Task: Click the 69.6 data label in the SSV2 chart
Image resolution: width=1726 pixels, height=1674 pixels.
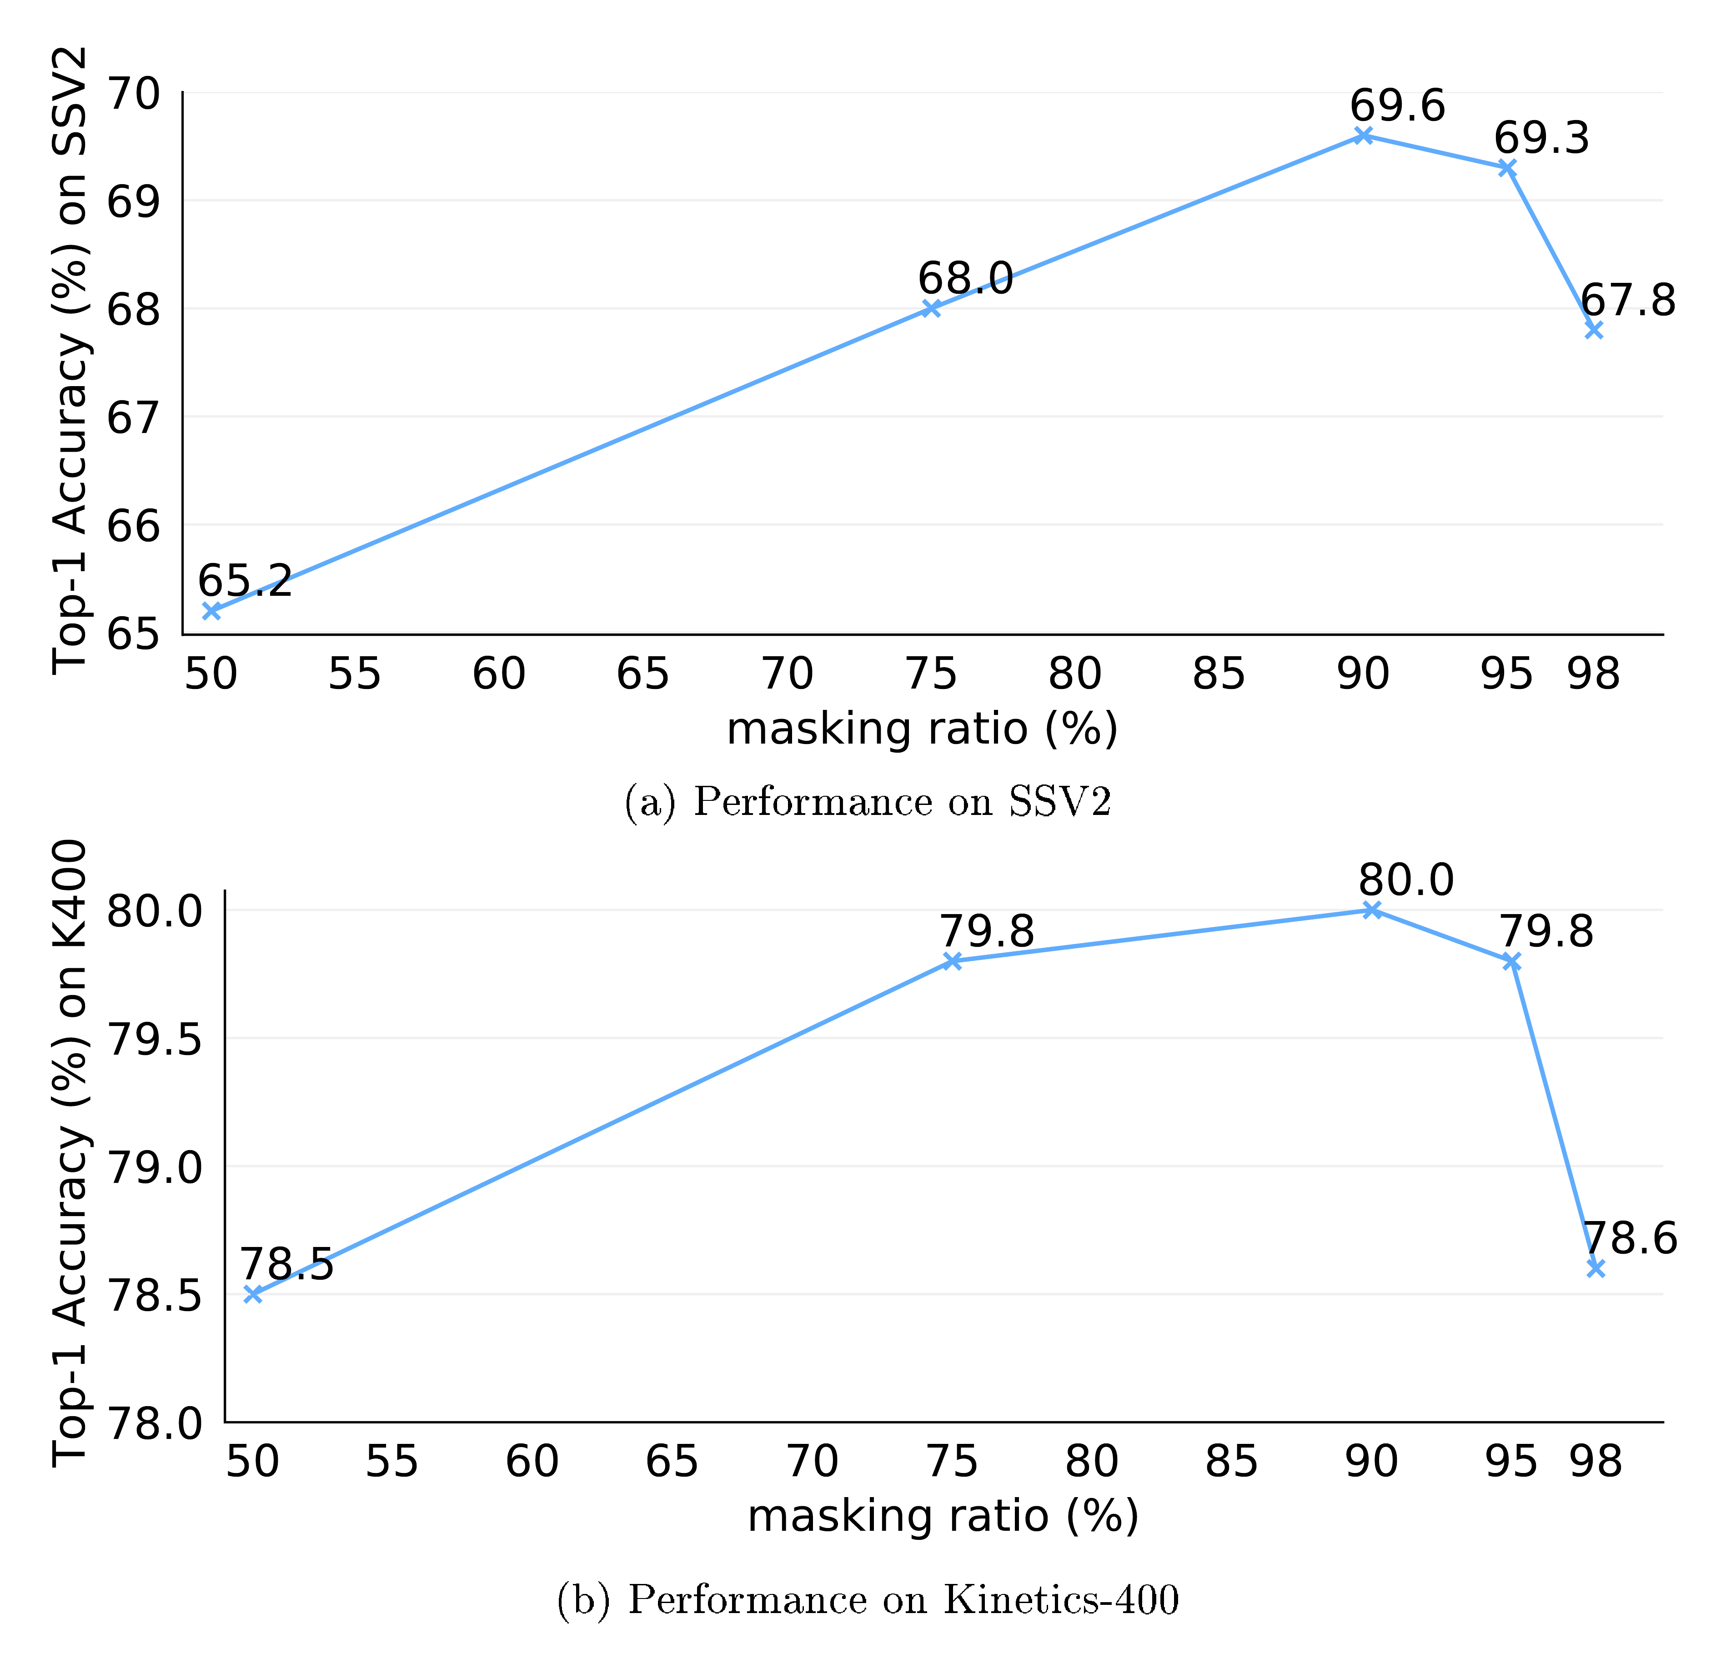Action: point(1398,106)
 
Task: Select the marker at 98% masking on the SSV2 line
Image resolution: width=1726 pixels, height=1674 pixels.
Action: point(1593,329)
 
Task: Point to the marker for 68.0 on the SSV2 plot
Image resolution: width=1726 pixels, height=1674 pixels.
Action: point(931,308)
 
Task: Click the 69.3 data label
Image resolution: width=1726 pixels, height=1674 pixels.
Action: point(1541,139)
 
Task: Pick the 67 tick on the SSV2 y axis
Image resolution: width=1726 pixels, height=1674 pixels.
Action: point(133,417)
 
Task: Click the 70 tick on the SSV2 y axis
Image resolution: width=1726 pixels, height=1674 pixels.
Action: point(133,93)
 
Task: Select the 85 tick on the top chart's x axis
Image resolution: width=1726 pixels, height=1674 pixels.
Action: point(1218,674)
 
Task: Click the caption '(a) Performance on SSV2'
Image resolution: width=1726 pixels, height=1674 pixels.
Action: point(868,802)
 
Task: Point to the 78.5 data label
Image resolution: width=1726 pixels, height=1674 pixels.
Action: point(287,1265)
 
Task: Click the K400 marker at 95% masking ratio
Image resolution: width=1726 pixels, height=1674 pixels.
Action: point(1511,961)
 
